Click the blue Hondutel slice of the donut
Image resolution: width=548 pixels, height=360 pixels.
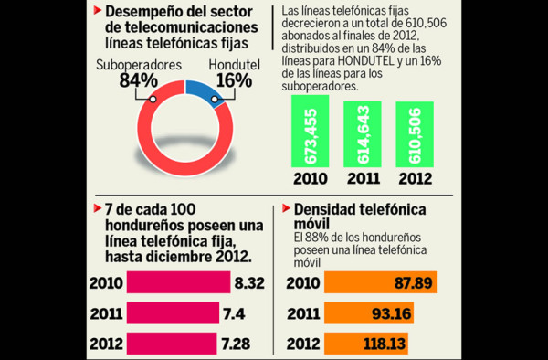(203, 92)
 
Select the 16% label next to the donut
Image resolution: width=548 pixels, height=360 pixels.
(232, 80)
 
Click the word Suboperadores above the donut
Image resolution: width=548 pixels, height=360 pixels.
(138, 66)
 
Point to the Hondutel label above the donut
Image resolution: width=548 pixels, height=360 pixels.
(233, 66)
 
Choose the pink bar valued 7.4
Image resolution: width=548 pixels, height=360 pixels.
(178, 313)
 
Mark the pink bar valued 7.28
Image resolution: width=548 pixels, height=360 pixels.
(178, 344)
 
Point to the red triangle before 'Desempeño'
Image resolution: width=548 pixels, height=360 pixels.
(98, 13)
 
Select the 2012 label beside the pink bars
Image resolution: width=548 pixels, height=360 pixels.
(106, 344)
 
